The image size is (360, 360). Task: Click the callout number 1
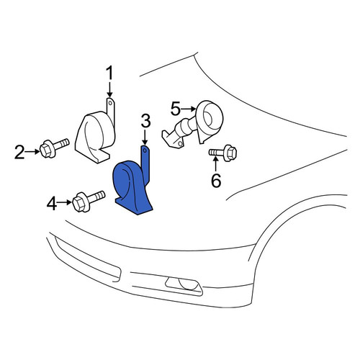coord(109,73)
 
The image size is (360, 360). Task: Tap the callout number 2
coord(19,152)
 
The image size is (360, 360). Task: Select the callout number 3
coord(145,121)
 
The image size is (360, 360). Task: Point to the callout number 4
coord(52,204)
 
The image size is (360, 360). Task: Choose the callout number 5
coord(175,109)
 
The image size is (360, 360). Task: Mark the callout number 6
coord(216,181)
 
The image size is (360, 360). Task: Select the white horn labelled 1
coord(96,133)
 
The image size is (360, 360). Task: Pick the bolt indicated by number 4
coord(89,201)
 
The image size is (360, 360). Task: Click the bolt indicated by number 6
coord(223,153)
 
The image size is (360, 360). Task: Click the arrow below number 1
coord(109,90)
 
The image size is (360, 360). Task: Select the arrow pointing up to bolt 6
coord(216,163)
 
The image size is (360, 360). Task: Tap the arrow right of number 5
coord(189,109)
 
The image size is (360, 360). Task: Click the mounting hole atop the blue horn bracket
coord(145,150)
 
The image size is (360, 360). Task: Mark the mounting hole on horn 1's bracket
coord(110,103)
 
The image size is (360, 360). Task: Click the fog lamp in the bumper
coord(184,286)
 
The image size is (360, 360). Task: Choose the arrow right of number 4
coord(64,202)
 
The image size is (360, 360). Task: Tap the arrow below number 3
coord(145,138)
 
